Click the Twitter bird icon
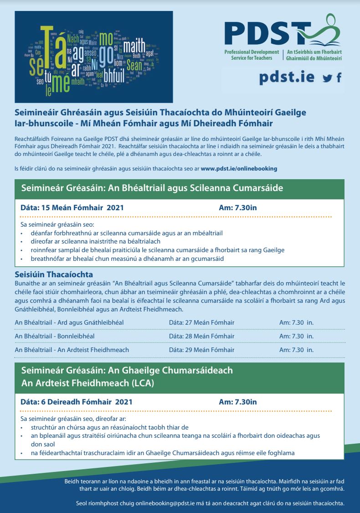[x=327, y=78]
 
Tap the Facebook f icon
[x=339, y=78]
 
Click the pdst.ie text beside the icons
[x=287, y=77]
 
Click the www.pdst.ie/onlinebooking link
[x=239, y=168]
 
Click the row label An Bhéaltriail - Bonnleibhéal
[x=55, y=336]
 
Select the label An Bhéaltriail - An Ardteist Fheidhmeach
[x=72, y=350]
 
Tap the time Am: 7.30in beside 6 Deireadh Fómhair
[x=237, y=402]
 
